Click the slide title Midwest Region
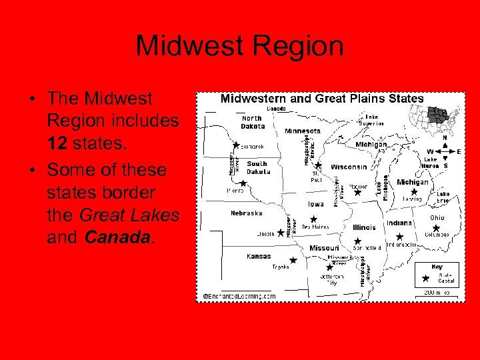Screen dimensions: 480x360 pyautogui.click(x=240, y=47)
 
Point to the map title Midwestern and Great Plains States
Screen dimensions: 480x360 pyautogui.click(x=322, y=99)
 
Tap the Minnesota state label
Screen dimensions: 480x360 pyautogui.click(x=302, y=131)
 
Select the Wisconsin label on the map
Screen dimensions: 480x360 pyautogui.click(x=348, y=167)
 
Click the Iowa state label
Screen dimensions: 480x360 pyautogui.click(x=316, y=204)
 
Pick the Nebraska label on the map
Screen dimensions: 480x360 pyautogui.click(x=246, y=213)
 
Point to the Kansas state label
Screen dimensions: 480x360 pyautogui.click(x=258, y=256)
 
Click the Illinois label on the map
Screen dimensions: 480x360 pyautogui.click(x=363, y=227)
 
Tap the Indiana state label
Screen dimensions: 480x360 pyautogui.click(x=400, y=223)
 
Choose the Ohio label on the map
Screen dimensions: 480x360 pyautogui.click(x=437, y=218)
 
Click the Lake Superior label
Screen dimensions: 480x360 pyautogui.click(x=371, y=121)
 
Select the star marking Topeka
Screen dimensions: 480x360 pyautogui.click(x=293, y=261)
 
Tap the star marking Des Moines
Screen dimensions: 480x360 pyautogui.click(x=313, y=219)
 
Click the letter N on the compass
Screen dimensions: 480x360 pyautogui.click(x=445, y=138)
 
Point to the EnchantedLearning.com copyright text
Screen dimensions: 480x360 pyautogui.click(x=239, y=296)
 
